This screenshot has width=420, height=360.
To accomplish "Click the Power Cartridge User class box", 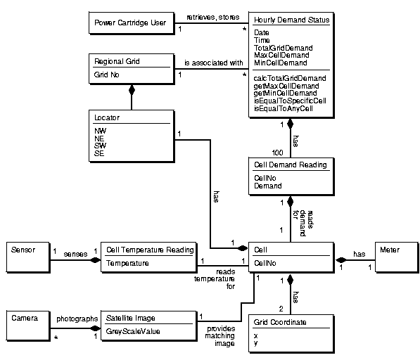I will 130,23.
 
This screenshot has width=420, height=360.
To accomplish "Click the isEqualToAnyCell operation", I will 284,109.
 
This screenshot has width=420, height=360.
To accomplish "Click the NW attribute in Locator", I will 100,131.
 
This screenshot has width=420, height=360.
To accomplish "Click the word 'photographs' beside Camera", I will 77,319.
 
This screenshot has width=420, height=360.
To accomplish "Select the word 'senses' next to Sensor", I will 76,254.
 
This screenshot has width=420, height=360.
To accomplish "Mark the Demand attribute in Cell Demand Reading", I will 267,186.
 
